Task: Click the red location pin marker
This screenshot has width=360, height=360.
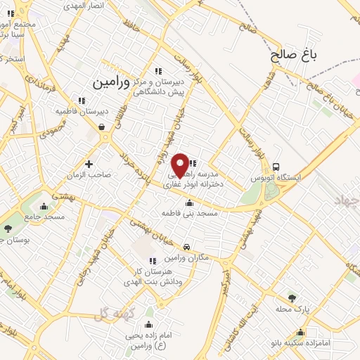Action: (180, 165)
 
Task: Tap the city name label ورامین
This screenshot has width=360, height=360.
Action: (111, 82)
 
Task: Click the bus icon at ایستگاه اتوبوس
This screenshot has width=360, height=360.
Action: (276, 167)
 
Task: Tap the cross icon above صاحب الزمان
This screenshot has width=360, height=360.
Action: (89, 164)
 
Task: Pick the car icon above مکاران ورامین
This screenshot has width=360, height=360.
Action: (186, 247)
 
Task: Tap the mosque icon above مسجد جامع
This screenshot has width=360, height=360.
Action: (44, 207)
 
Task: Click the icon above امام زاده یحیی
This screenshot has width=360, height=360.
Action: (149, 324)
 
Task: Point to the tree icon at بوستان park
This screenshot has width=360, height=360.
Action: (8, 229)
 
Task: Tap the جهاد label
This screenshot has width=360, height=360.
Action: (346, 201)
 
